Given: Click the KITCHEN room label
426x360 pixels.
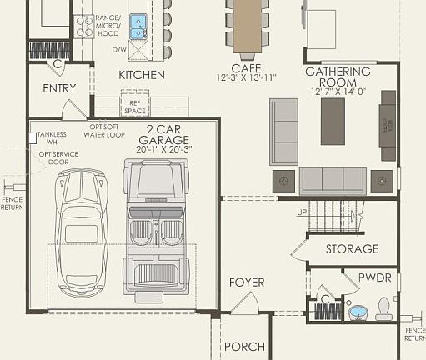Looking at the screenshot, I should coord(141,75).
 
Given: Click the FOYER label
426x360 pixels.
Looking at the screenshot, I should coord(247,282).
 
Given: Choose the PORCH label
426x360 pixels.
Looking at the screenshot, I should coord(245,346).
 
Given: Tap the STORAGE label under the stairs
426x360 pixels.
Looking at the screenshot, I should coord(352,248).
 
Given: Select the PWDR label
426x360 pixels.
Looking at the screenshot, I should coord(374,277).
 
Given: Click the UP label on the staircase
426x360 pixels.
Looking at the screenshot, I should coord(301,213).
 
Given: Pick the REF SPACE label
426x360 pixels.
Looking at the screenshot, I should coord(134,107).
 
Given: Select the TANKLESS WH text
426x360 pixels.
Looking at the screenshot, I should coord(52,138).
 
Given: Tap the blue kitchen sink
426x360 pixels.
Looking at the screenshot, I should coord(138,27).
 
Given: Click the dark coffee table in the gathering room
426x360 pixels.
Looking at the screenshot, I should coord(333,122).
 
